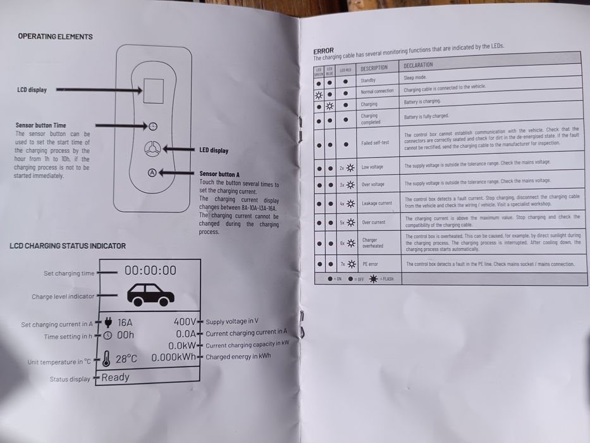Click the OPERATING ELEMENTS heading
click(55, 37)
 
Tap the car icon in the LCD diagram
click(151, 294)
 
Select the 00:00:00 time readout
click(151, 270)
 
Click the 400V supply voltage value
click(185, 321)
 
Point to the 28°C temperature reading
click(126, 359)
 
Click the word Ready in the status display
click(115, 377)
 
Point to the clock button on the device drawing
click(153, 125)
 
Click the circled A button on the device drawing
click(152, 172)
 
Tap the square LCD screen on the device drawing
click(153, 91)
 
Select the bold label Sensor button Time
click(40, 125)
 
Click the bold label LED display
click(214, 151)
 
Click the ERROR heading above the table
click(324, 51)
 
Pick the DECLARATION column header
click(419, 65)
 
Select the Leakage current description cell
click(377, 203)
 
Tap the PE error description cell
click(370, 264)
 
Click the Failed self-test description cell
click(375, 143)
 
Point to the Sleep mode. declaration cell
click(416, 78)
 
